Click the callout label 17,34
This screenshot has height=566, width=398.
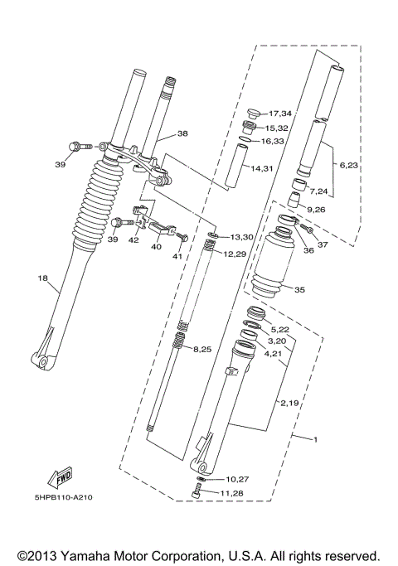(x=280, y=113)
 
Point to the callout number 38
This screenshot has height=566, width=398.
(x=182, y=133)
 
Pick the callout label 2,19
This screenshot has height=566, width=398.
(x=289, y=403)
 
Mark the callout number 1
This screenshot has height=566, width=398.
(x=314, y=438)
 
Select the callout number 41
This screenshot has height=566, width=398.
(x=177, y=256)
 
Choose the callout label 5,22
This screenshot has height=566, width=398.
(x=280, y=329)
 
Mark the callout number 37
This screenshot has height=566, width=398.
(x=323, y=244)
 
